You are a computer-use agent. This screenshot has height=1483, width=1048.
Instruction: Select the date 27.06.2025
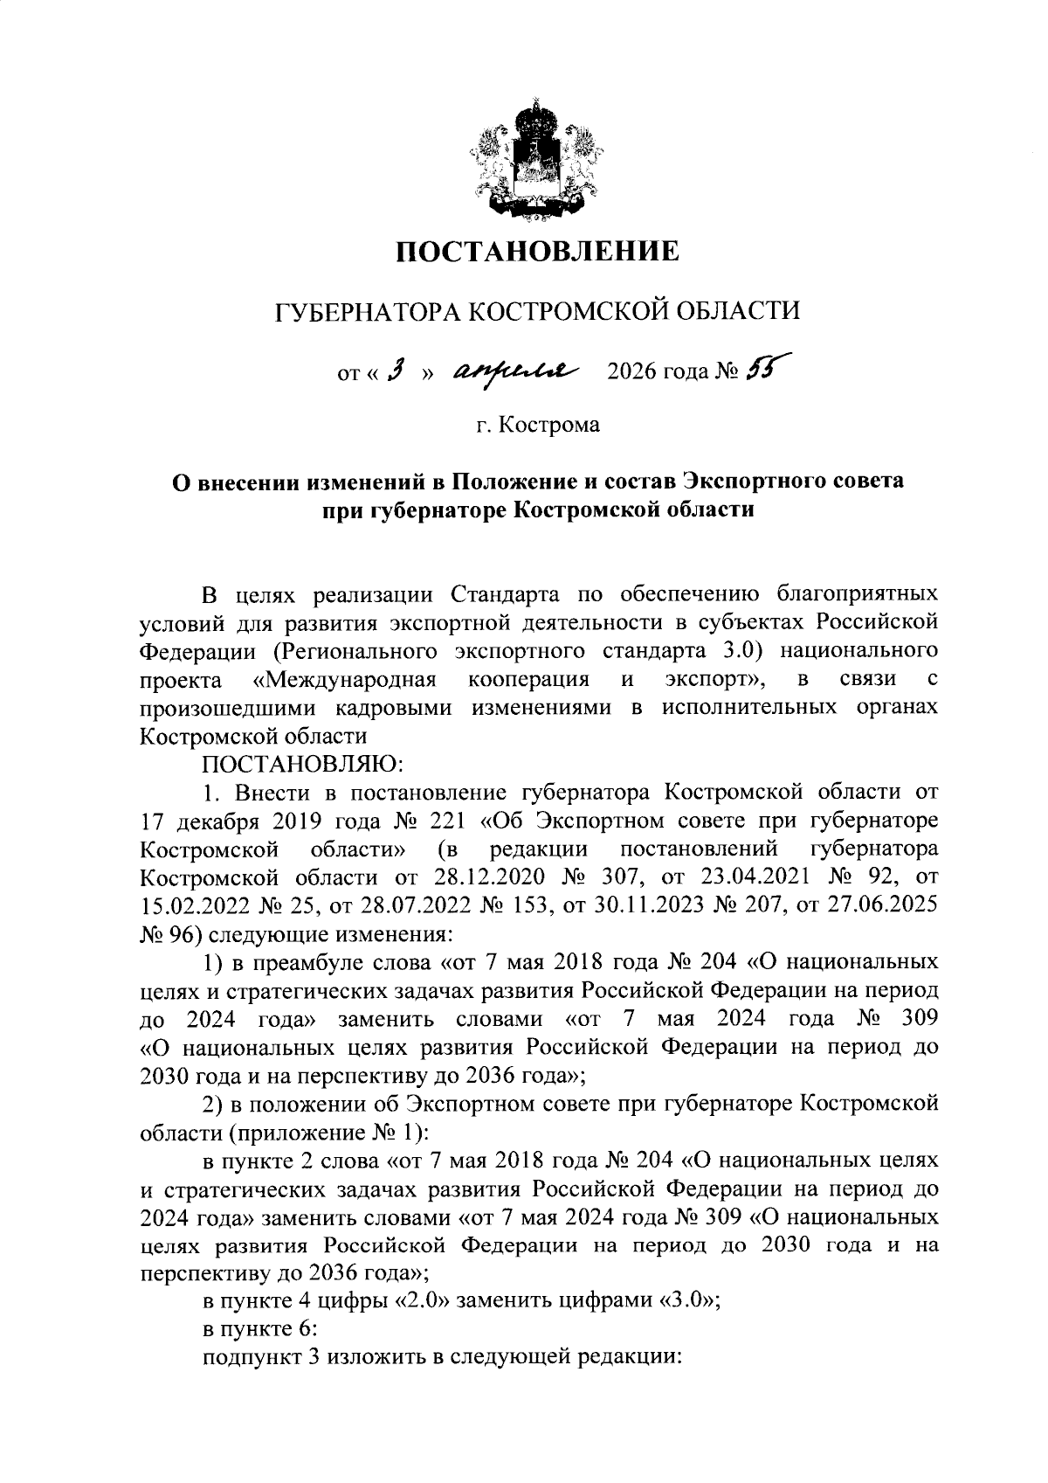tap(881, 904)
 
